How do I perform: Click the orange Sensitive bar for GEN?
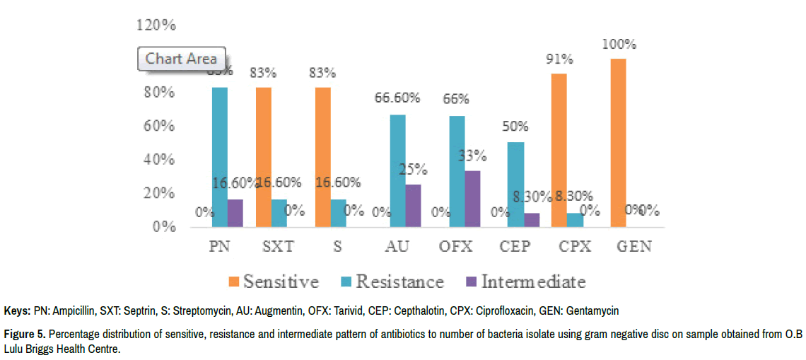click(x=619, y=143)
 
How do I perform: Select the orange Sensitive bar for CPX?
click(x=559, y=150)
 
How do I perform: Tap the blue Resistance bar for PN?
click(x=219, y=157)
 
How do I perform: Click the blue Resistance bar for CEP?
click(x=515, y=185)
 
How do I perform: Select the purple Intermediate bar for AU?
click(x=414, y=205)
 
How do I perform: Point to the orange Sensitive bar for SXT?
click(x=263, y=157)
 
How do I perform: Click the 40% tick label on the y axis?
click(x=158, y=160)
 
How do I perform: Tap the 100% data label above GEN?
click(x=619, y=44)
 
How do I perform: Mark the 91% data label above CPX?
click(x=559, y=59)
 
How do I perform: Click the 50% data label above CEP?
click(x=515, y=127)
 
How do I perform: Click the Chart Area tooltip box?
click(x=181, y=59)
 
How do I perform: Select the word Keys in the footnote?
click(x=16, y=311)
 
